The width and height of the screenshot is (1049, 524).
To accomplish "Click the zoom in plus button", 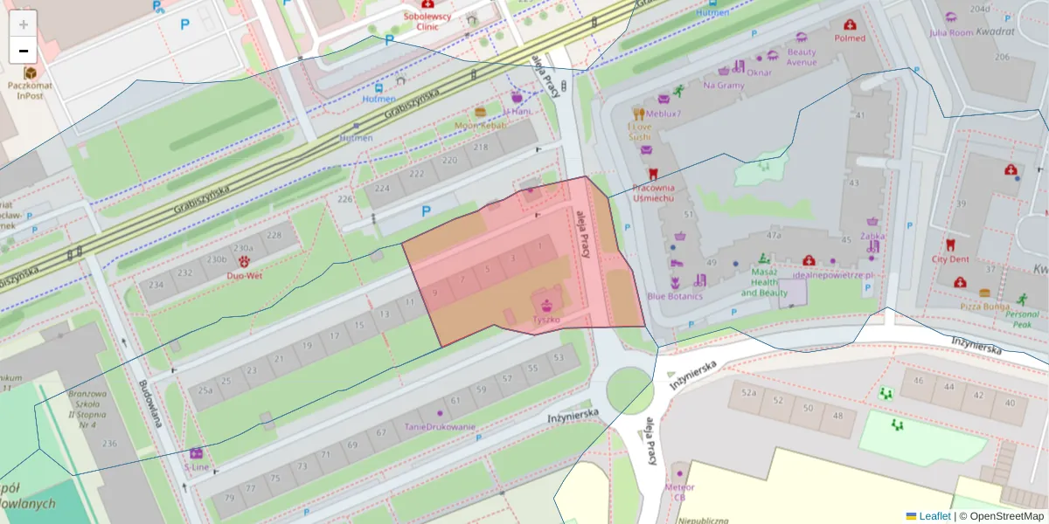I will click(x=24, y=24).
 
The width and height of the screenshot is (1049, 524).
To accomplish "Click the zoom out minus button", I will click(x=24, y=51).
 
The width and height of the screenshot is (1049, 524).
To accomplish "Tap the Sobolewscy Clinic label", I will click(x=426, y=21).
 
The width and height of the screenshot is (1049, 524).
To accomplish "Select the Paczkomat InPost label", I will click(x=30, y=91).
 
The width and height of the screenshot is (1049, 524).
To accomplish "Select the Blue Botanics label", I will click(x=674, y=296).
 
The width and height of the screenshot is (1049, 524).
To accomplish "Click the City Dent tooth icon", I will click(x=950, y=245).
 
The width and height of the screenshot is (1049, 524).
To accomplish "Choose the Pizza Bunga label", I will click(x=985, y=307).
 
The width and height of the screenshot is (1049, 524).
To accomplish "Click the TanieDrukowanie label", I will click(x=440, y=427).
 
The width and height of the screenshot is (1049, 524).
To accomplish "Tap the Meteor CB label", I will click(x=679, y=492).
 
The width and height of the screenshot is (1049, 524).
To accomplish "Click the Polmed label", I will click(x=850, y=38).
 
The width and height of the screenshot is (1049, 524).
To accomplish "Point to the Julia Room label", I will click(x=950, y=32).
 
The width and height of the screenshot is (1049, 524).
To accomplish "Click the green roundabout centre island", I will click(x=629, y=390).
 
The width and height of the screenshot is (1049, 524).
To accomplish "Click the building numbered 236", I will click(x=109, y=444).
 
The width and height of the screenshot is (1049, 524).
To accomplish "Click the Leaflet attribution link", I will click(x=934, y=516).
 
